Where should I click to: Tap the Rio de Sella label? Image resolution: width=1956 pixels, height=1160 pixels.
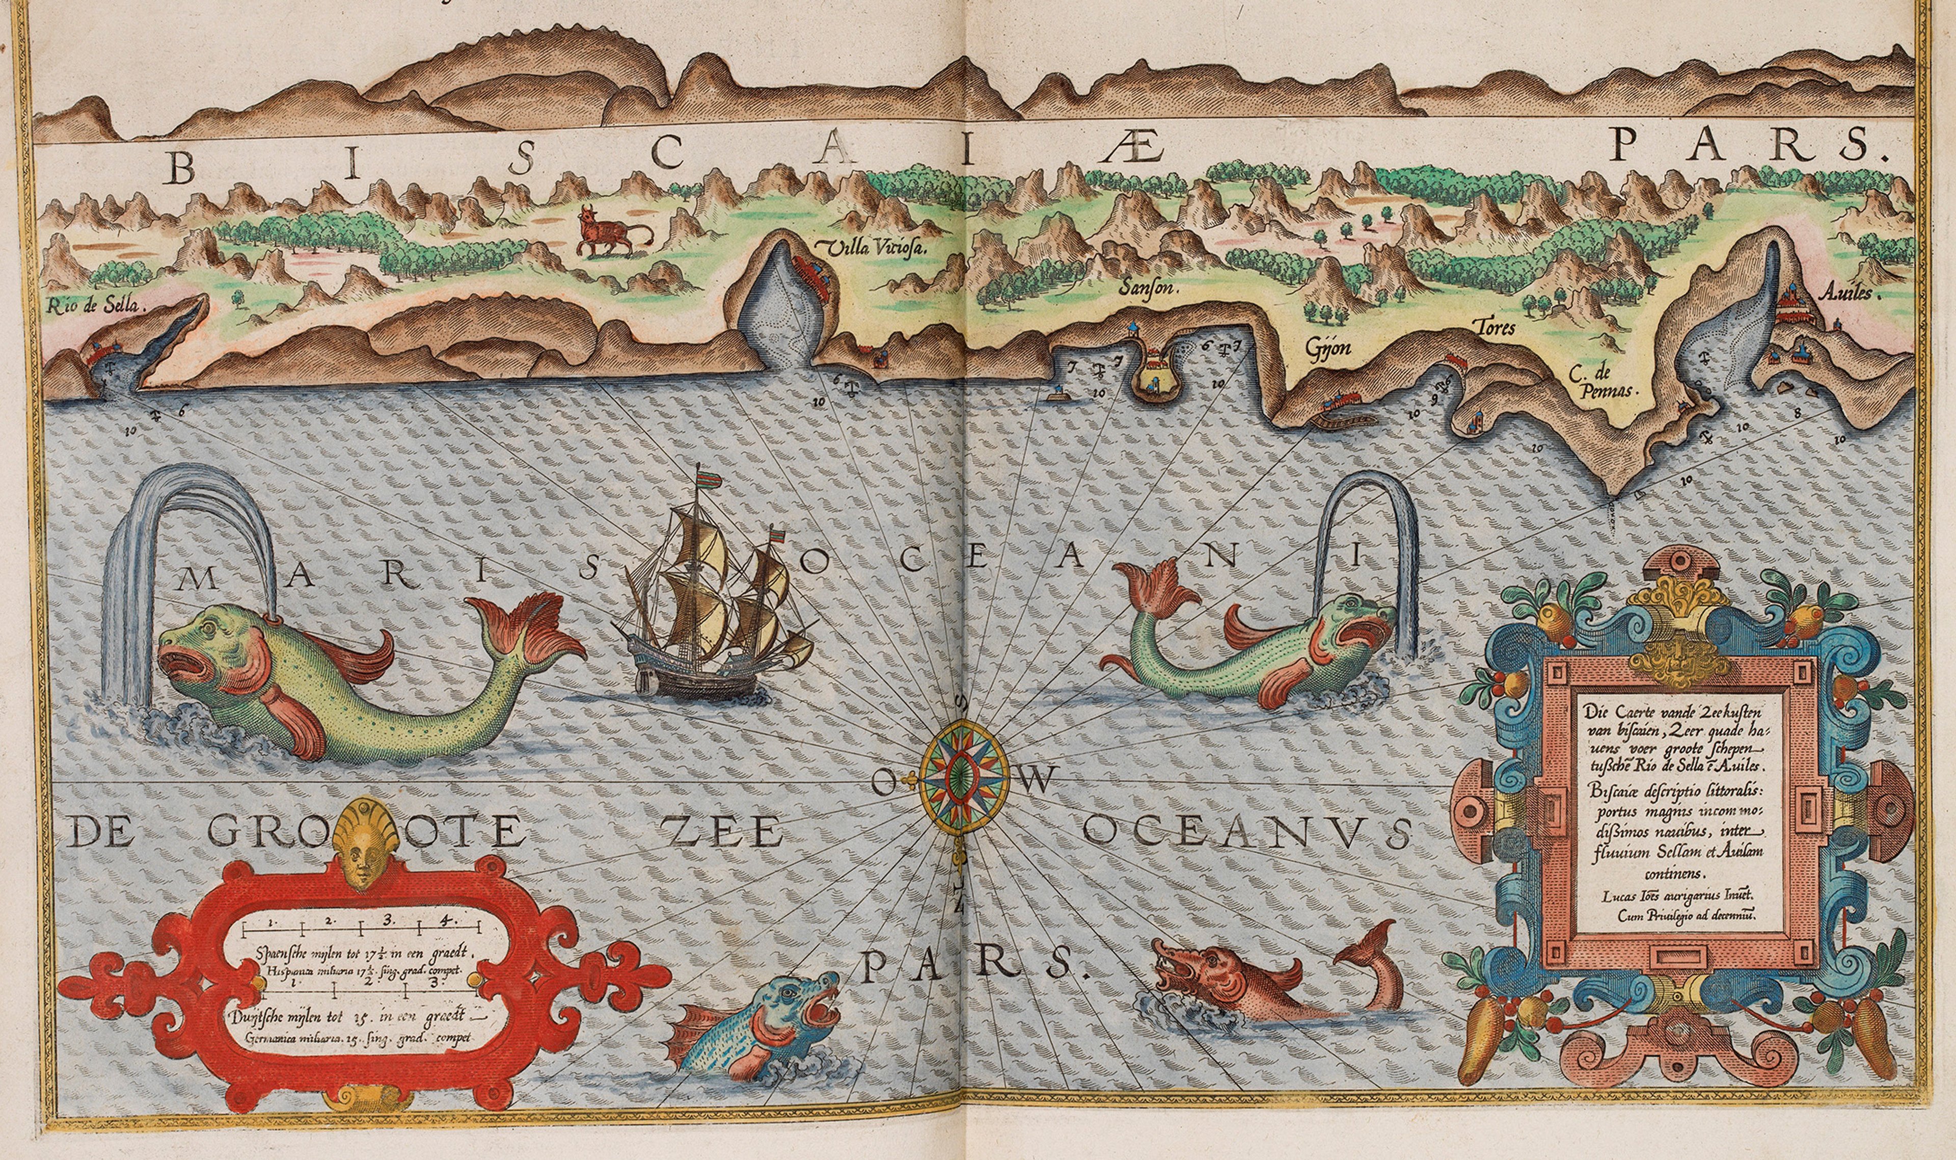pyautogui.click(x=95, y=306)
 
